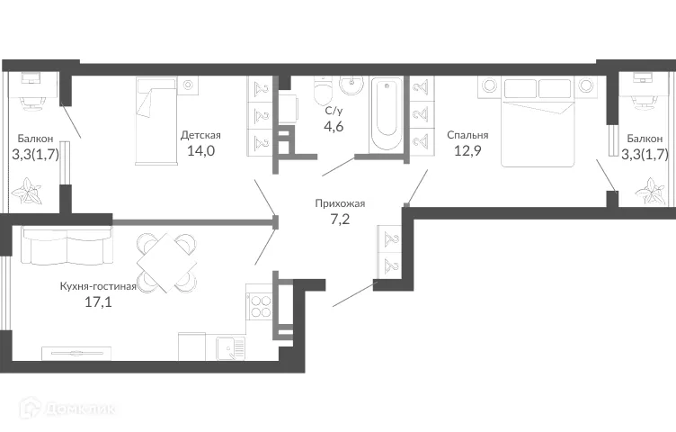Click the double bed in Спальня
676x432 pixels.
pos(537,121)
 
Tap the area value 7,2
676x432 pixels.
pos(339,220)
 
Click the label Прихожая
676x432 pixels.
pos(340,203)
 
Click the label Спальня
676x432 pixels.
pos(467,135)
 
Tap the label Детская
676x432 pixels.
pos(200,135)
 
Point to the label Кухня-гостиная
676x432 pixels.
pos(98,286)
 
